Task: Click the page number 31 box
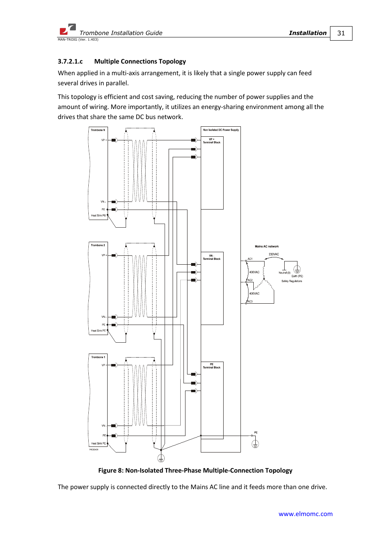tap(341, 33)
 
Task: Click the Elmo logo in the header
tap(67, 29)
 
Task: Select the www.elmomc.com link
tap(306, 514)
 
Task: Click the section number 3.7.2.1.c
tap(70, 62)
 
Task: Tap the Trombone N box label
tap(98, 130)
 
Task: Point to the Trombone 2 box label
tap(98, 245)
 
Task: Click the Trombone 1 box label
tap(98, 357)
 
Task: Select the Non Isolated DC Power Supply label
tap(221, 130)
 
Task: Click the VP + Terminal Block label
tap(212, 141)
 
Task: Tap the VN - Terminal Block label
tap(212, 257)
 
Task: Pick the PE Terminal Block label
tap(212, 366)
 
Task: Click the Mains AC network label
tap(267, 247)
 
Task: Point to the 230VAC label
tap(274, 254)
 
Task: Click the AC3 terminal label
tap(250, 301)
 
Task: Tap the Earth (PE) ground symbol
tap(297, 269)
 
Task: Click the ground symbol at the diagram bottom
tap(161, 458)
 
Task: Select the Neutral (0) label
tap(284, 273)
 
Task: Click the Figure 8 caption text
tap(195, 471)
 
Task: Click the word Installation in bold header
tap(308, 33)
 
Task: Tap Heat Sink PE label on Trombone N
tap(98, 216)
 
